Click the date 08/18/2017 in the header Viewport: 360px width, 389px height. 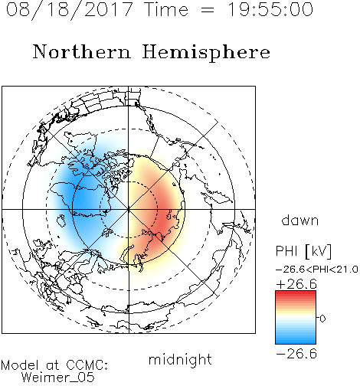(70, 10)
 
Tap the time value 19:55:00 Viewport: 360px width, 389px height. (270, 10)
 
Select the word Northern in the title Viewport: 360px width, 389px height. (82, 52)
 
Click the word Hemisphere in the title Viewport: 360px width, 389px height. (206, 53)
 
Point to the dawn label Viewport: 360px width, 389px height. (300, 221)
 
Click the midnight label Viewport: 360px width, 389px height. (180, 360)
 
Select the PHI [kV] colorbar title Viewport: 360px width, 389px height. (303, 251)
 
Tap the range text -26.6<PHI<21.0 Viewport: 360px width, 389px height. (317, 270)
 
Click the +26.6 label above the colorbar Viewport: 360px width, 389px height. (296, 284)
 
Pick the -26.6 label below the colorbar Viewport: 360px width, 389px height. (296, 354)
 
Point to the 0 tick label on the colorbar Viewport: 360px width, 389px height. (322, 319)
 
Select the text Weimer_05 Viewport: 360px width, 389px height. (58, 378)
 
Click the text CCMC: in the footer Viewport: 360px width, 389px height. (87, 365)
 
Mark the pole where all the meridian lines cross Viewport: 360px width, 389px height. (129, 210)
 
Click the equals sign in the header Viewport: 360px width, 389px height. (208, 10)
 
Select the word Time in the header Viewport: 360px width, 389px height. (166, 10)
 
